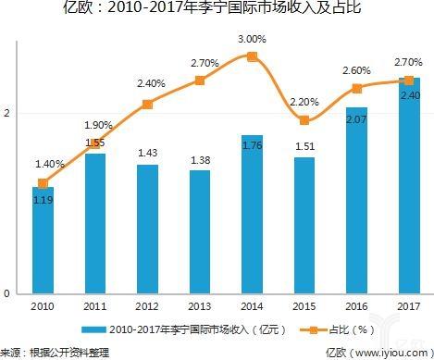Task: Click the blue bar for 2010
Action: pyautogui.click(x=42, y=240)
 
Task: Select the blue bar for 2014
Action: pyautogui.click(x=252, y=214)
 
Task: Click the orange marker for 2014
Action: pyautogui.click(x=252, y=56)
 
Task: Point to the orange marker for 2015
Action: pyautogui.click(x=304, y=120)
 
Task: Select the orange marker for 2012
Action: pyautogui.click(x=147, y=104)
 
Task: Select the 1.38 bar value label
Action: pyautogui.click(x=199, y=161)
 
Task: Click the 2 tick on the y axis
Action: pyautogui.click(x=7, y=113)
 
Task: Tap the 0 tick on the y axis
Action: pyautogui.click(x=7, y=293)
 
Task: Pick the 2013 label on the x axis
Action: pyautogui.click(x=199, y=305)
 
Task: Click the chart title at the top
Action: pyautogui.click(x=216, y=10)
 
